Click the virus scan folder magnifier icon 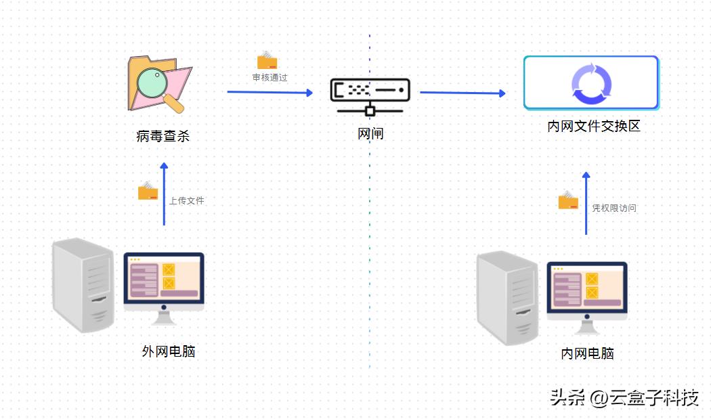coord(160,85)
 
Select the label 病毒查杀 coord(163,136)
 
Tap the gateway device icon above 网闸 coord(370,95)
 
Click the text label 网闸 coord(370,134)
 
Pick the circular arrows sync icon coord(591,84)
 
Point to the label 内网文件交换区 coord(594,126)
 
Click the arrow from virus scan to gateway coord(270,92)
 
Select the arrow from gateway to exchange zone coord(462,93)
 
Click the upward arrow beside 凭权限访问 coord(586,203)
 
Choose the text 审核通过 coord(270,78)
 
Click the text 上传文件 coord(186,201)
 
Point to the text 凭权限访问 coord(614,208)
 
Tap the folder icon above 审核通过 coord(267,60)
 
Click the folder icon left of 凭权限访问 coord(568,200)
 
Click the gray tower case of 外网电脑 coord(84,285)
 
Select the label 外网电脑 coord(169,351)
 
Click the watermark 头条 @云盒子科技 coord(624,397)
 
